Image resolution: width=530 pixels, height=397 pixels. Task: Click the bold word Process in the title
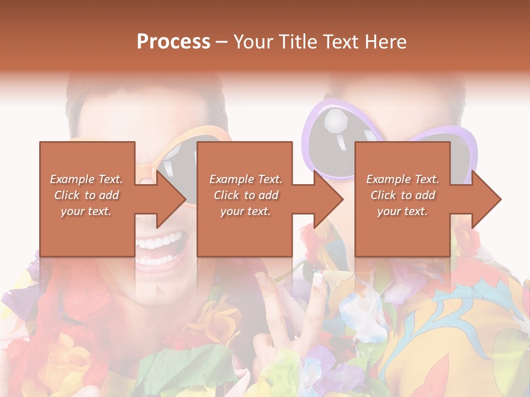[x=173, y=42]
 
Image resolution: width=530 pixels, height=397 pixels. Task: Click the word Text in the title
[x=341, y=42]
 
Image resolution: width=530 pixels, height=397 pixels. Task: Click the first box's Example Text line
[x=87, y=179]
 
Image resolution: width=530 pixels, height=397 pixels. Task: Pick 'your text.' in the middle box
[x=246, y=211]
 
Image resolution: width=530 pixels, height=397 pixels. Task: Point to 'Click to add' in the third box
[x=403, y=195]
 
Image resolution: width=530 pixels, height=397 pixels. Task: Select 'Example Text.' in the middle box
[x=246, y=179]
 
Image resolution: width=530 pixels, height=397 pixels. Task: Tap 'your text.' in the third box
[x=402, y=211]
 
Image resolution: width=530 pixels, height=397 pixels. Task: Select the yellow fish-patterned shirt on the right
[x=464, y=331]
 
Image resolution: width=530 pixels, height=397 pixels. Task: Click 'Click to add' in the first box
[x=87, y=195]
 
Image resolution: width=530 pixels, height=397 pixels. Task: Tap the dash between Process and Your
[x=221, y=42]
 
